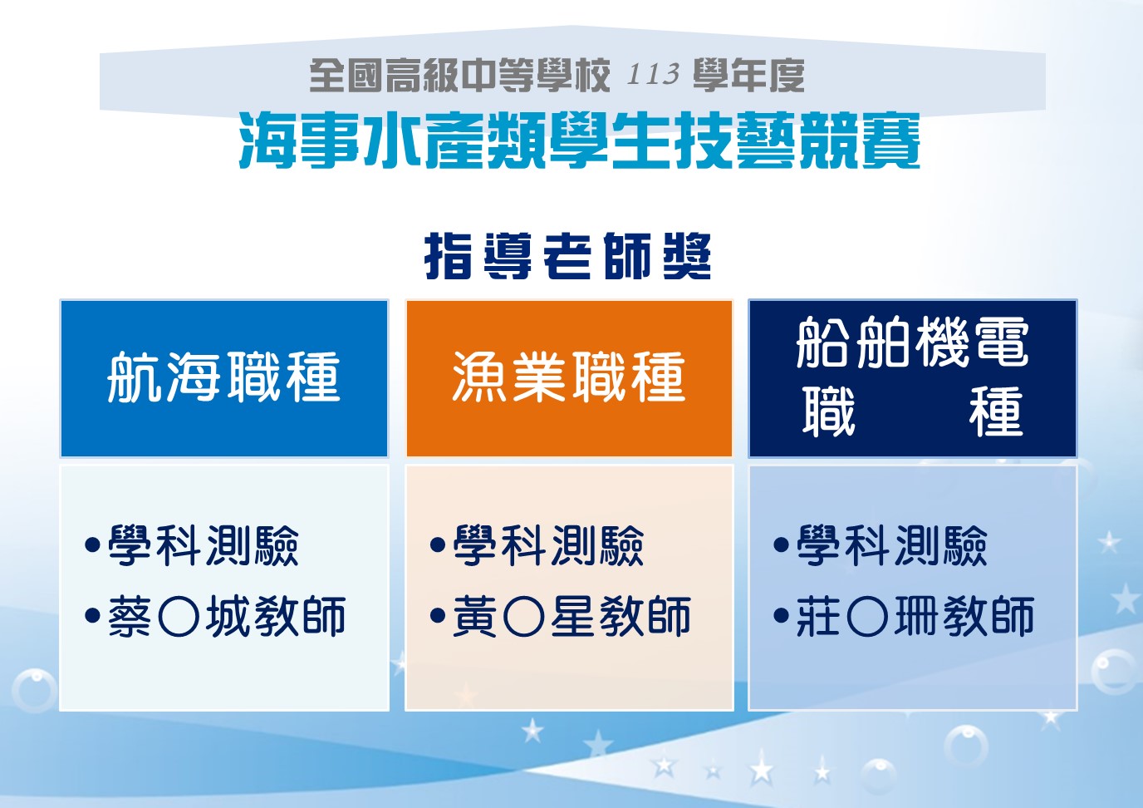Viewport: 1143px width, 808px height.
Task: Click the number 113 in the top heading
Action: click(x=653, y=75)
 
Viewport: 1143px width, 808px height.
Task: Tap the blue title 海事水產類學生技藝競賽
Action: click(x=579, y=141)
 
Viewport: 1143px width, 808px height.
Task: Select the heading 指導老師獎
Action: click(x=568, y=256)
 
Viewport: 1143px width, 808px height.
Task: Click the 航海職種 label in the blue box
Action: click(x=223, y=377)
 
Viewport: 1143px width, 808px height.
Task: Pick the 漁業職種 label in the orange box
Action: click(x=569, y=377)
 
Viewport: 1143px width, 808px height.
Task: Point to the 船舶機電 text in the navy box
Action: click(x=912, y=342)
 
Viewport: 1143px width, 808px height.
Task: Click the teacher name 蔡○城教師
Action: click(x=227, y=616)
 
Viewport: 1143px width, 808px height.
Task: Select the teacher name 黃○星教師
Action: click(x=572, y=616)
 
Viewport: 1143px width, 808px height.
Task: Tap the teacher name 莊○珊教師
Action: click(x=915, y=616)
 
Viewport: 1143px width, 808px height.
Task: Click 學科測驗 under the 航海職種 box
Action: click(x=203, y=545)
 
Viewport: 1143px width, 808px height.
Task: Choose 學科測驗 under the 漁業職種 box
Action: click(x=548, y=545)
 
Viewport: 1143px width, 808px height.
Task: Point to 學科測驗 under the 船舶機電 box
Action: click(x=891, y=545)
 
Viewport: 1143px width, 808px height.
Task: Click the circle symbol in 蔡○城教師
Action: click(x=179, y=617)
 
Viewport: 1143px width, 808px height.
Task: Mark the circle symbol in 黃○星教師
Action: click(x=523, y=617)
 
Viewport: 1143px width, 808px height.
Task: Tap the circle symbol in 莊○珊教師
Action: click(x=867, y=617)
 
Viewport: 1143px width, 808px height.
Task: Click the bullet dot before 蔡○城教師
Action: click(x=92, y=615)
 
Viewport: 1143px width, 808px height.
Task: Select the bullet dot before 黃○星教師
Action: click(x=438, y=615)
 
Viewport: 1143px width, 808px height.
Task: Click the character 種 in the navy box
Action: click(x=996, y=411)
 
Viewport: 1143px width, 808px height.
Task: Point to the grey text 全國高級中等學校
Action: click(x=459, y=75)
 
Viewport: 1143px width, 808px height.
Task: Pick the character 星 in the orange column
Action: click(x=571, y=616)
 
